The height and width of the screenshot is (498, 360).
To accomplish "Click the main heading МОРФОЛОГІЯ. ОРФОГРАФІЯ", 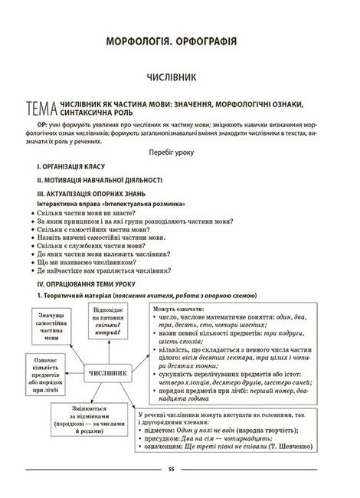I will coord(181,39).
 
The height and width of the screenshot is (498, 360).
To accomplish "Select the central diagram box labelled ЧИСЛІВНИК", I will coord(102,373).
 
